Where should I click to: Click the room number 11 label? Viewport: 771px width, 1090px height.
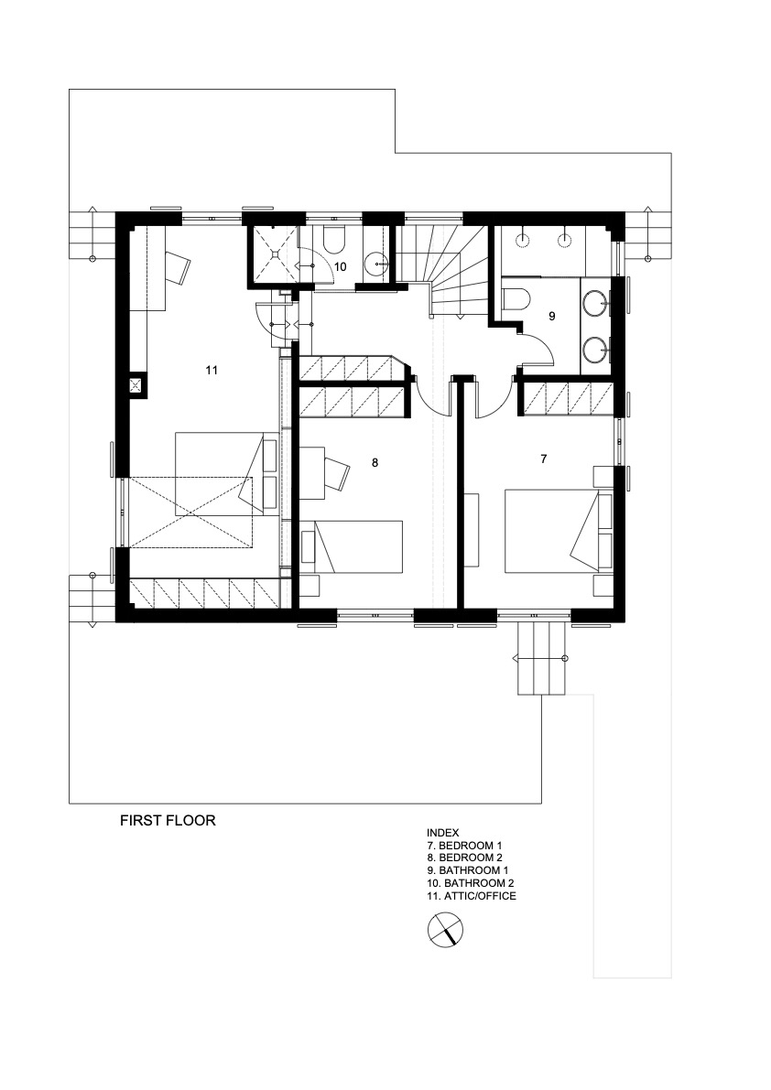point(212,370)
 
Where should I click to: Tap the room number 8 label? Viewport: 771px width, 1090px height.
point(375,462)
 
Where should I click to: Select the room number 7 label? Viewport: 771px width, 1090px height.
point(544,459)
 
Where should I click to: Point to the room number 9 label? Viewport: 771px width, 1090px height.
point(552,317)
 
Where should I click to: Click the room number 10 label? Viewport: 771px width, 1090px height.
point(340,266)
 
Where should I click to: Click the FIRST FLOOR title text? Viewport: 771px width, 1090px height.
point(168,820)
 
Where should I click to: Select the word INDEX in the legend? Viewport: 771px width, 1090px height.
point(443,833)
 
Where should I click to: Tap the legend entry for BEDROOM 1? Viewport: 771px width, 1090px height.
point(464,846)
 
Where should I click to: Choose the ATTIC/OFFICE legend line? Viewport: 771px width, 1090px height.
point(472,896)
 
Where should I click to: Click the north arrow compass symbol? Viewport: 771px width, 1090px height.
point(445,930)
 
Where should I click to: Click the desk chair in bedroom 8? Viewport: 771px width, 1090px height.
point(336,473)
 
